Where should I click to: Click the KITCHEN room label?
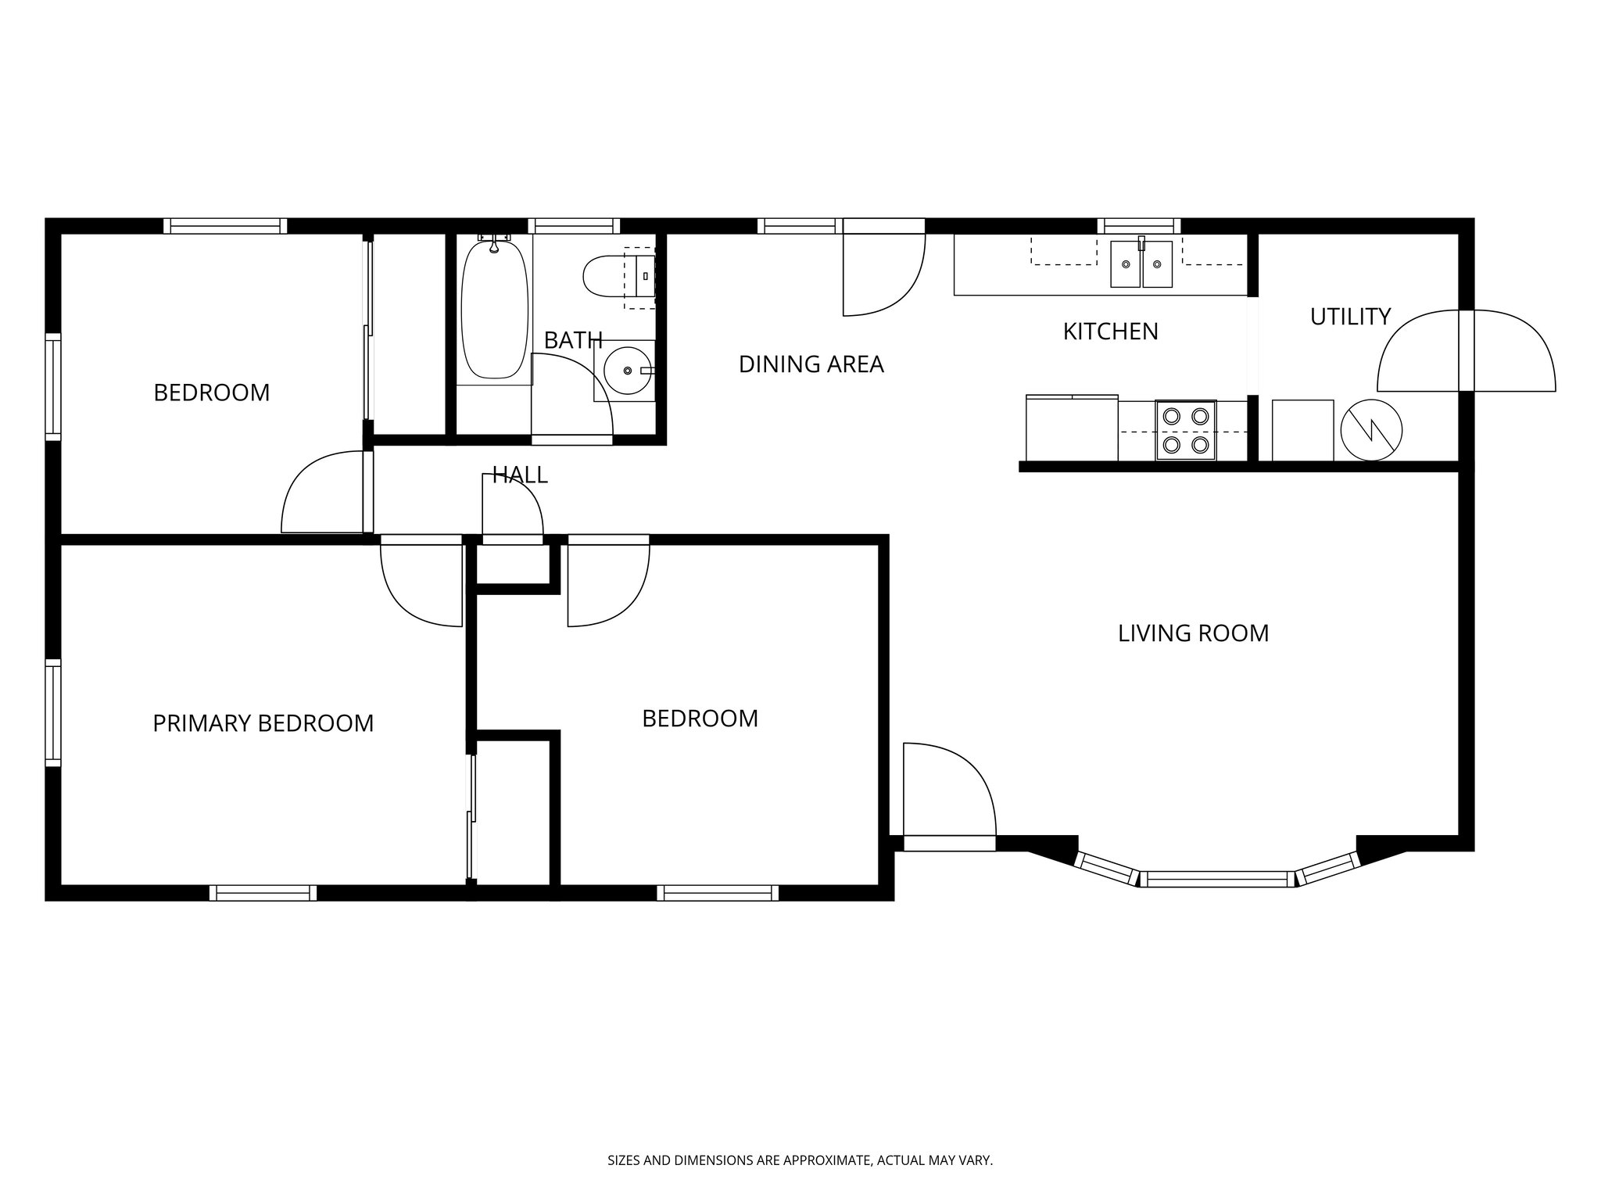[1110, 332]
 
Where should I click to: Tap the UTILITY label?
[1350, 317]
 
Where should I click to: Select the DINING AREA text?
[811, 364]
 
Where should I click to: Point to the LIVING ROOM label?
[1193, 633]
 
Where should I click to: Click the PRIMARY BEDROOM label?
[263, 723]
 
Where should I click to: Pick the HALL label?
[520, 475]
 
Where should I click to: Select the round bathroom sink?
[627, 371]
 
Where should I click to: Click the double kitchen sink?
[1141, 264]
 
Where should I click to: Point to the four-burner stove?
[1186, 430]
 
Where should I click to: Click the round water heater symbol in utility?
[1371, 430]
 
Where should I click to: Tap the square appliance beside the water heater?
[1302, 430]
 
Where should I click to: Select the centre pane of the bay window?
[1216, 879]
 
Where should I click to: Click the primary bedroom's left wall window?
[53, 712]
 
